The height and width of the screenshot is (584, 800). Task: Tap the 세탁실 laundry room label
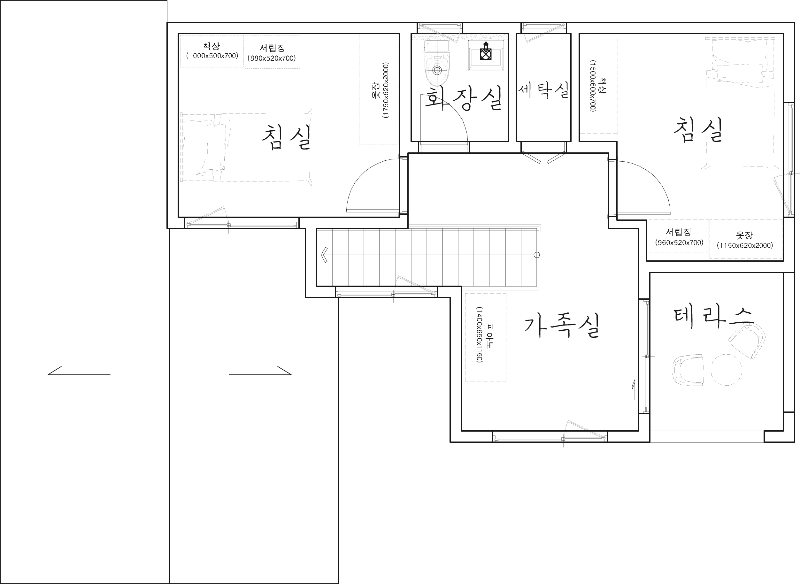544,90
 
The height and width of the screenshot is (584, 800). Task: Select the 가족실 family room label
561,326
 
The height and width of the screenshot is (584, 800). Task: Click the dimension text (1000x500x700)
212,56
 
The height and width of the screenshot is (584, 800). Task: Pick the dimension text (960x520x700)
679,242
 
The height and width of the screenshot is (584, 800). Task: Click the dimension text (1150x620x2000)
745,245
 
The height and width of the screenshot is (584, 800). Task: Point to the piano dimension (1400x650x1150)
479,334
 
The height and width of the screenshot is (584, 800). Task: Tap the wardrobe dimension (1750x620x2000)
386,90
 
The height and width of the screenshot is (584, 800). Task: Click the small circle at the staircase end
537,255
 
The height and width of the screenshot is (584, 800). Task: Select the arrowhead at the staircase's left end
324,255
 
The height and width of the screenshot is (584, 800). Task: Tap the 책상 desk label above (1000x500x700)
212,46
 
